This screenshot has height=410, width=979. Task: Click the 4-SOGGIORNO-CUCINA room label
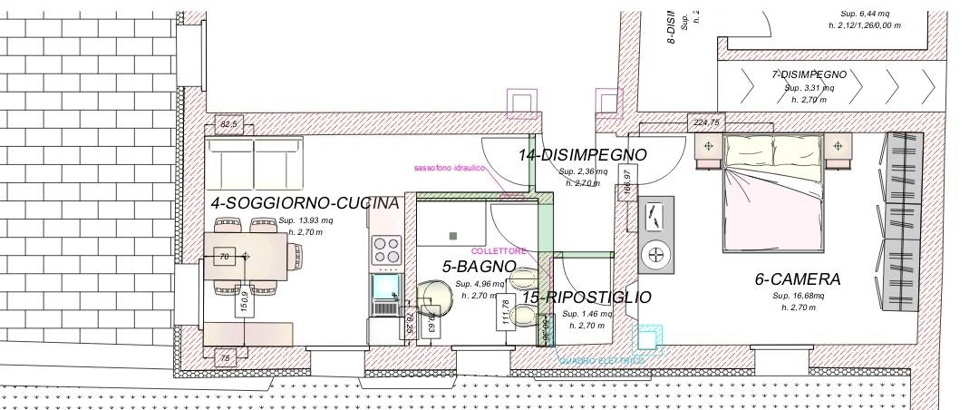click(x=305, y=203)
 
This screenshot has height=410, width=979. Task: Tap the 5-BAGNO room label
click(x=479, y=267)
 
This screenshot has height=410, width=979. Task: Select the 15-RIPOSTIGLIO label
click(x=586, y=297)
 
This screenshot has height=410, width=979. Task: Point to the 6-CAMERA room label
click(x=798, y=279)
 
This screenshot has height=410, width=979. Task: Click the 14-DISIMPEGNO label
click(x=582, y=155)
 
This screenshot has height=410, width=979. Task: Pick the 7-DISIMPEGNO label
click(x=809, y=74)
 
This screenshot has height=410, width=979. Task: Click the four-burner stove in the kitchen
click(x=387, y=250)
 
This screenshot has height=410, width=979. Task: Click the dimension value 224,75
click(x=706, y=122)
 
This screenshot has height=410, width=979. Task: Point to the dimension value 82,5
click(x=229, y=124)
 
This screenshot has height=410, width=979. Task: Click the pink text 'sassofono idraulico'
click(x=450, y=169)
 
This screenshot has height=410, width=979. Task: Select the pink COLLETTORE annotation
click(x=499, y=250)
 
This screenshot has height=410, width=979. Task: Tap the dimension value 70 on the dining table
click(x=224, y=258)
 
